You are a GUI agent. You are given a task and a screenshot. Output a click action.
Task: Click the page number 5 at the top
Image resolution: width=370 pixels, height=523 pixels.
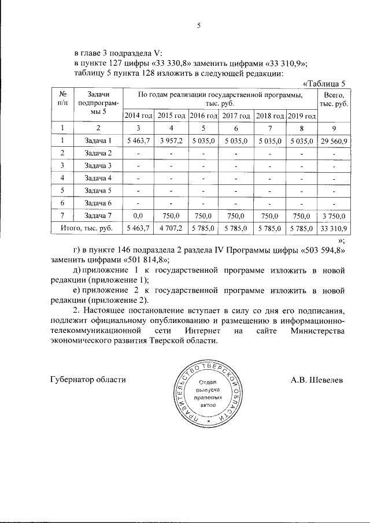click(198, 25)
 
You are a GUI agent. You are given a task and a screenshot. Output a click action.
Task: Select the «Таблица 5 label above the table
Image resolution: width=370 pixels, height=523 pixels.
click(325, 83)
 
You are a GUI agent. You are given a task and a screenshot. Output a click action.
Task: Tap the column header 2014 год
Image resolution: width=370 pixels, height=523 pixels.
click(139, 116)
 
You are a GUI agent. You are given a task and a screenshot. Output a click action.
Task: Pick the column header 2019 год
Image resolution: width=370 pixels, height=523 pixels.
click(302, 116)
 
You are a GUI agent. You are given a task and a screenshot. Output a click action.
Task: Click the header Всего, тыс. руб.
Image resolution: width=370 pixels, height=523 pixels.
click(335, 99)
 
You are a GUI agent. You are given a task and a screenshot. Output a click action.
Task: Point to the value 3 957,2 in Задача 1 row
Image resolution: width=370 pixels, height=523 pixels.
click(171, 141)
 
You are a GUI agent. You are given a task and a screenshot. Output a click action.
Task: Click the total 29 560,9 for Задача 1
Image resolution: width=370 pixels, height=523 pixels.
click(335, 141)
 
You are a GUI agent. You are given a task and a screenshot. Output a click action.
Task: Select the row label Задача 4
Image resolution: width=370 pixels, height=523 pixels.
click(98, 178)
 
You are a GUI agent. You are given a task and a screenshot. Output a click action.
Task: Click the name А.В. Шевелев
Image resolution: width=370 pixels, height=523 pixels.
click(317, 380)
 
